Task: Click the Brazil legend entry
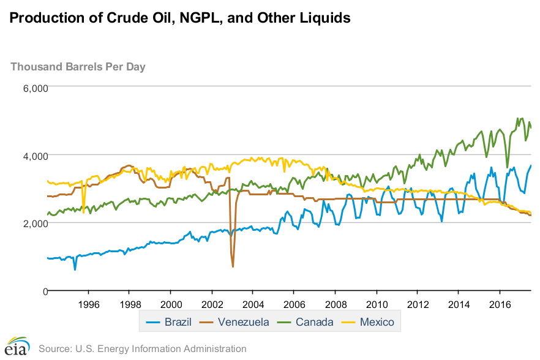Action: coord(171,322)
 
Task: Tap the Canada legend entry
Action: coord(307,322)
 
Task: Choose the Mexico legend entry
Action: coord(372,322)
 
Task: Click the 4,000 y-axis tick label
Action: coord(35,156)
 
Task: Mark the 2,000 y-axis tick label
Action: coord(35,223)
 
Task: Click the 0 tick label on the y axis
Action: coord(43,291)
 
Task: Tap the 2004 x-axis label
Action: coord(253,304)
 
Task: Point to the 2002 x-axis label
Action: coord(212,304)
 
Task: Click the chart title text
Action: coord(180,18)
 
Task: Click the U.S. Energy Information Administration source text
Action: coord(142,349)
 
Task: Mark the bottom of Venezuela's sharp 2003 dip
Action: coord(233,266)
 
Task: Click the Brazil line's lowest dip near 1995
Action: coord(75,269)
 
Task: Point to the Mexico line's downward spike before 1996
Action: coord(83,212)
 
